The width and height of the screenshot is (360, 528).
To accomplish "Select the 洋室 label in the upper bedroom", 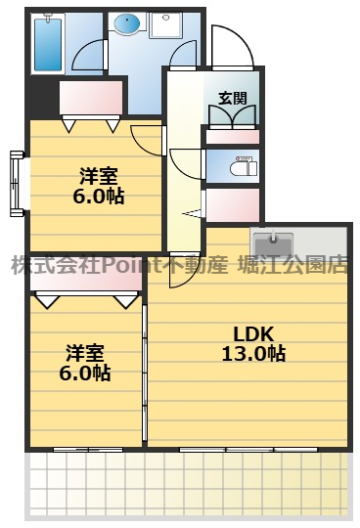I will pyautogui.click(x=98, y=175).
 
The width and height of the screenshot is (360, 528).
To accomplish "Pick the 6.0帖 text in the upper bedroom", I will pyautogui.click(x=98, y=196).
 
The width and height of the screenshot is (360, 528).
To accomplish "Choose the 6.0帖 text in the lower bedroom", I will pyautogui.click(x=86, y=373).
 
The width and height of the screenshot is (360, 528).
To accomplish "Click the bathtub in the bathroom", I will pyautogui.click(x=47, y=45).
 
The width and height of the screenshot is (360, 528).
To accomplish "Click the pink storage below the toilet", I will pyautogui.click(x=233, y=205).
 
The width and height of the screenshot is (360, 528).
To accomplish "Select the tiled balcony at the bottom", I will pyautogui.click(x=186, y=484).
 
